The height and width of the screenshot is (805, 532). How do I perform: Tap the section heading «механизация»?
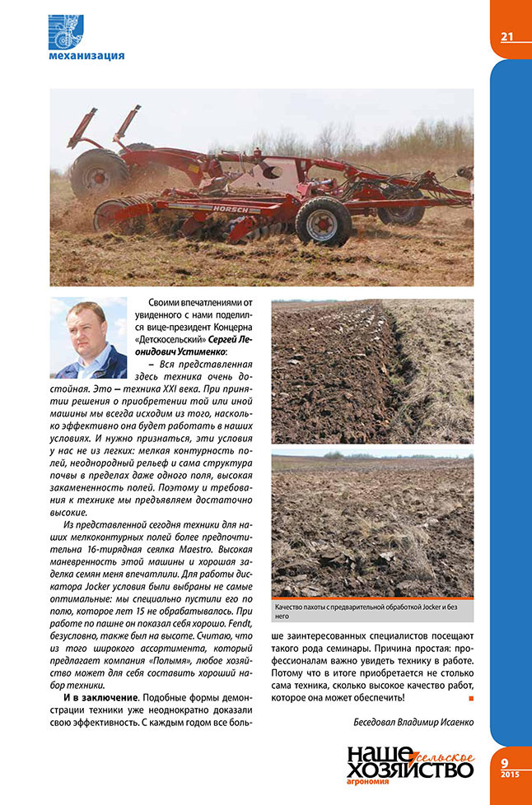pos(86,56)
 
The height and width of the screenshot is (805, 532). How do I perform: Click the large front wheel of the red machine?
pos(324,221)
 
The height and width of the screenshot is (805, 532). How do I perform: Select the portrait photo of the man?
pos(88,338)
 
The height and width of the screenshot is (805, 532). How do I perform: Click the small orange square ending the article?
pos(470,698)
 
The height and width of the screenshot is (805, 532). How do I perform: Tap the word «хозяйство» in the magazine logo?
pos(410,770)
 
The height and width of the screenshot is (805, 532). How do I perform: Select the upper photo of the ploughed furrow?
pos(372,371)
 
